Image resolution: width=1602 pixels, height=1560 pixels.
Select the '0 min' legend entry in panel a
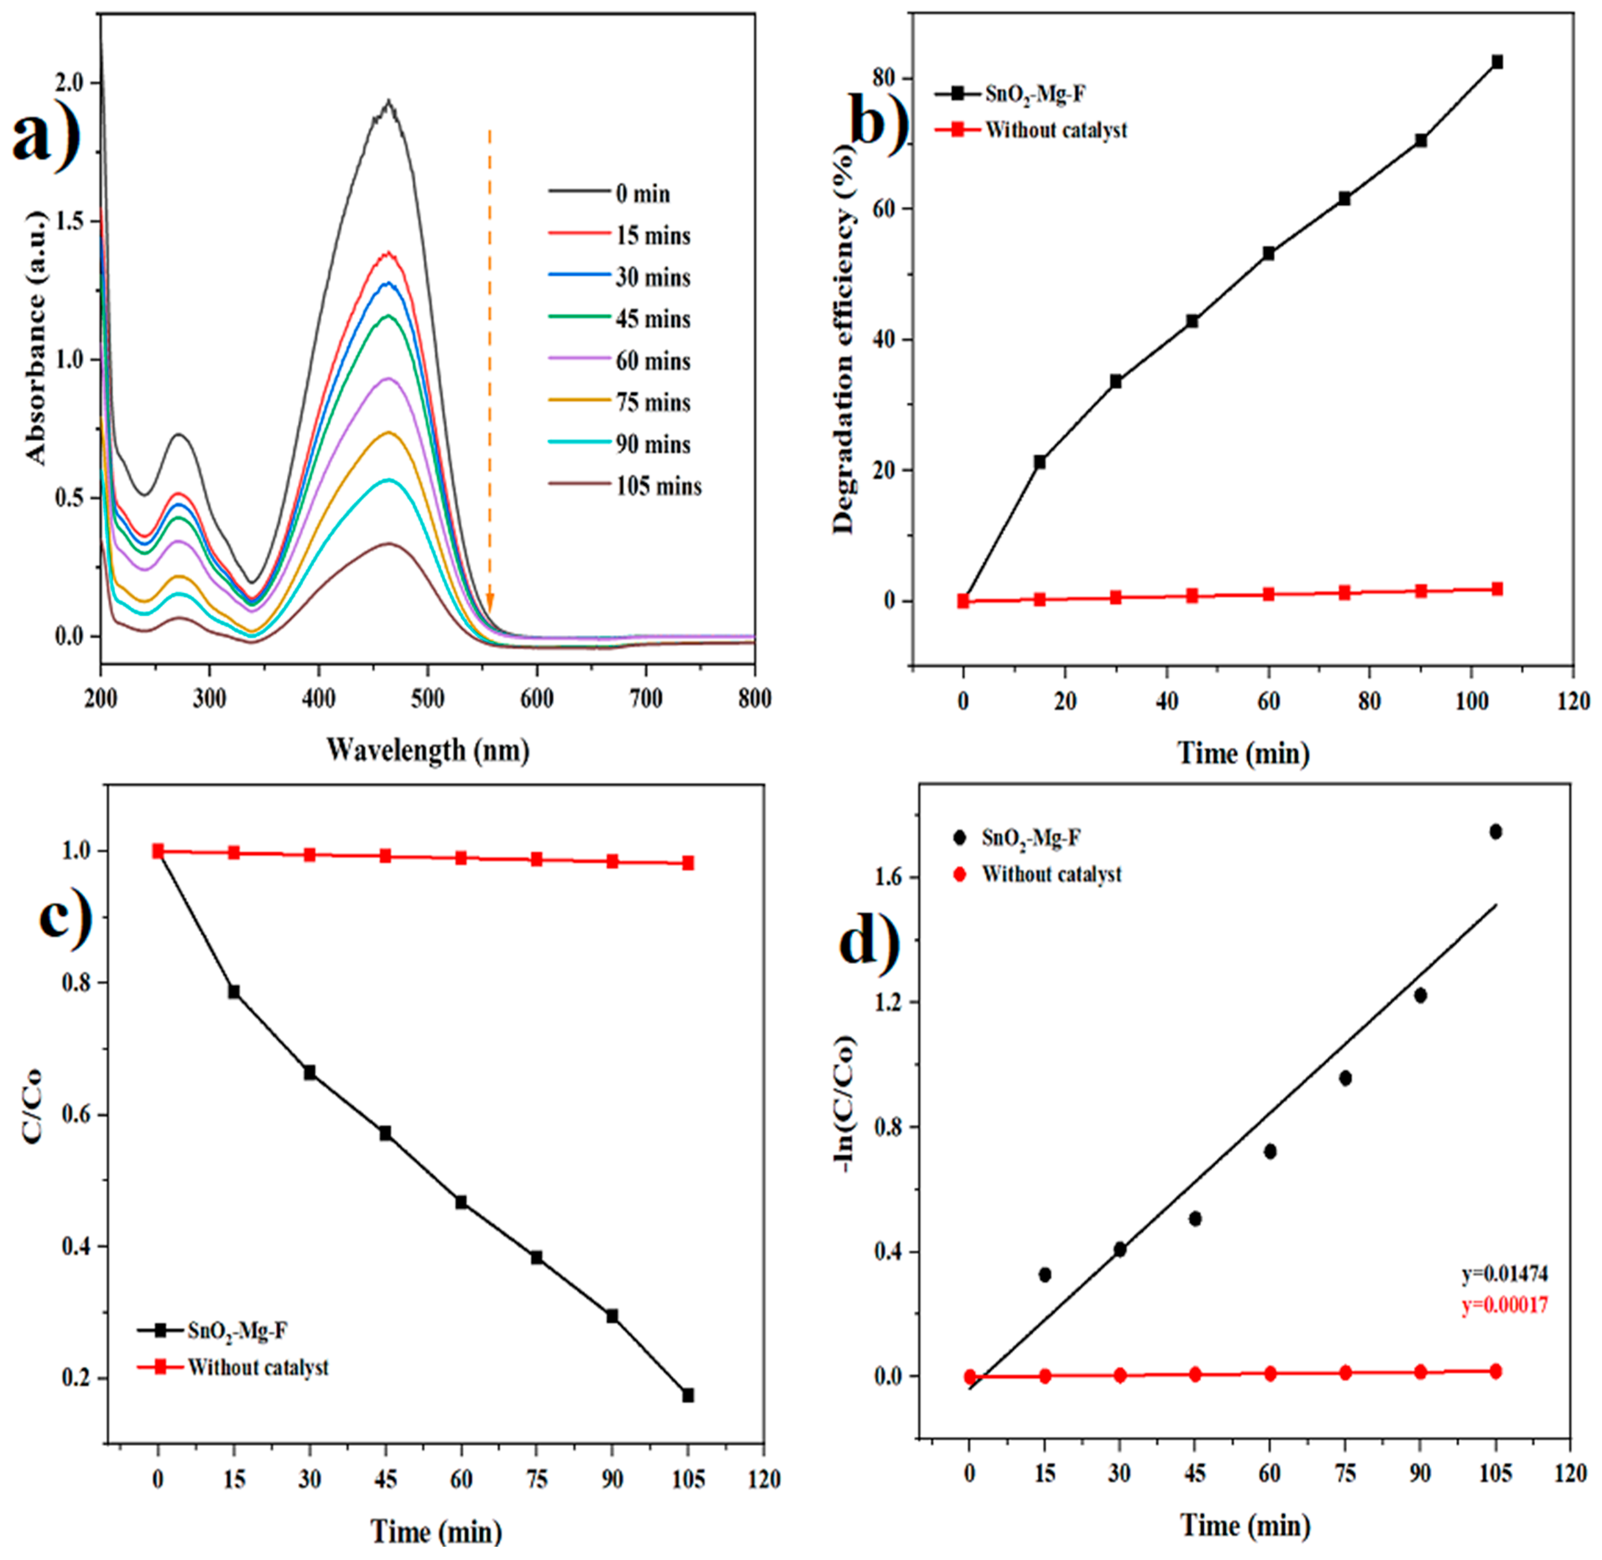643,194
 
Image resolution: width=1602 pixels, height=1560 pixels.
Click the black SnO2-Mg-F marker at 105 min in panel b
1497,62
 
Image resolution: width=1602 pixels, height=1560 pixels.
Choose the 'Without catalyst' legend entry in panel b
1056,130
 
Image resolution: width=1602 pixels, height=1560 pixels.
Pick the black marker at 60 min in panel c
461,1202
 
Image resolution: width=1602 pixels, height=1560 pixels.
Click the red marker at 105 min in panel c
688,863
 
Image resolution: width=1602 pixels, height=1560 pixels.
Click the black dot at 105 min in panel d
1496,832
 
